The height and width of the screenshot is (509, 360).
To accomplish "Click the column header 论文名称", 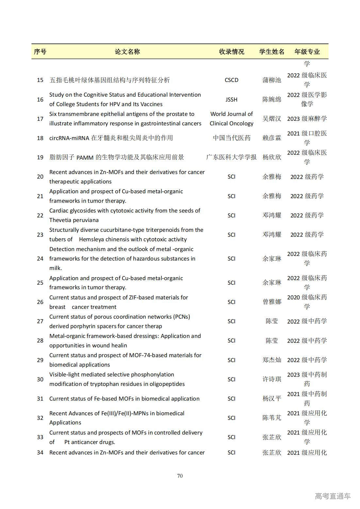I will (127, 52).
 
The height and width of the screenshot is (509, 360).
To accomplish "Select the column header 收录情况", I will (231, 52).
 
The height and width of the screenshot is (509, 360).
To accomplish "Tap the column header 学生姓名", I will (271, 52).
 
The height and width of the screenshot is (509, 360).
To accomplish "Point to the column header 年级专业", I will (307, 52).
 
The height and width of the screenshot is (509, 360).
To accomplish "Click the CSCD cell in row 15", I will (231, 80).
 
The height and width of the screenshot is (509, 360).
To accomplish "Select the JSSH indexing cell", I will (231, 100).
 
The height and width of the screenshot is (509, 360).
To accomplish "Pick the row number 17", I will (40, 119).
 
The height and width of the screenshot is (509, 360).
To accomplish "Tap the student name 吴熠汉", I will (271, 119).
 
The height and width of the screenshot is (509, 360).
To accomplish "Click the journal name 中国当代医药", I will (231, 138).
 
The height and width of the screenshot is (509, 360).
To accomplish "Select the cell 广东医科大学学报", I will (231, 157).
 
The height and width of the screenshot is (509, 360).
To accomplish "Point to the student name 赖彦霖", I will (271, 138).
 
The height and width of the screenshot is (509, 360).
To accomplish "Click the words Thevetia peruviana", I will (74, 220).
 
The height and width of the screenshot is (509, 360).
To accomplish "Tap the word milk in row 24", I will (55, 268).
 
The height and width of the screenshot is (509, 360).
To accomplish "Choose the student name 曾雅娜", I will (271, 302).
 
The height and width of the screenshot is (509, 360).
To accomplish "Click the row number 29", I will (40, 360).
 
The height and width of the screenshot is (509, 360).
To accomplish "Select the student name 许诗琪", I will (271, 379).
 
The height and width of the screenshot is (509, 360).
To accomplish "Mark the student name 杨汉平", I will (271, 399).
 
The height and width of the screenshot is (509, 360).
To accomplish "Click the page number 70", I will (180, 476).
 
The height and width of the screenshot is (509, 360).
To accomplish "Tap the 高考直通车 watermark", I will (333, 496).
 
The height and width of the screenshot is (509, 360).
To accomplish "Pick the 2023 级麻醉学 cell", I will (307, 119).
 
